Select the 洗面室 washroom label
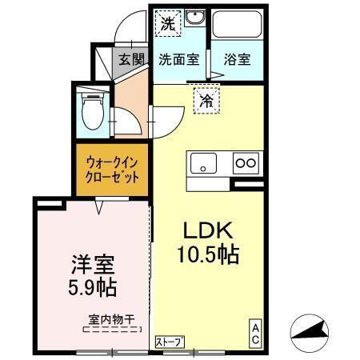(x=177, y=58)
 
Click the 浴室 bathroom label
(x=237, y=58)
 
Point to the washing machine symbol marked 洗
(x=167, y=23)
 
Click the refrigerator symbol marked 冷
(x=206, y=101)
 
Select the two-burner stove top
(x=246, y=163)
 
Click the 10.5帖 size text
(x=207, y=256)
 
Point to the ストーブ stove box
(x=170, y=342)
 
